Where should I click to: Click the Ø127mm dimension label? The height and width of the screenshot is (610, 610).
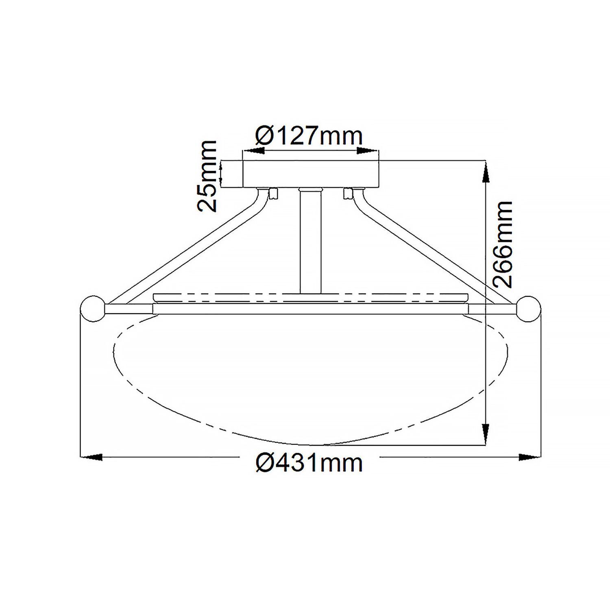[x=309, y=136]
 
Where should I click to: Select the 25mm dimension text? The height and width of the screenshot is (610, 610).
[x=207, y=176]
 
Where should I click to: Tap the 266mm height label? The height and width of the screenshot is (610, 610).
[x=501, y=244]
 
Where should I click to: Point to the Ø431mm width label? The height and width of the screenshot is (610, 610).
[x=309, y=464]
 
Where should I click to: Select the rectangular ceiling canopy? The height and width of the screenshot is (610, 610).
[x=311, y=174]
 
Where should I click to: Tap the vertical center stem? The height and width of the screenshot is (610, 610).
[x=310, y=244]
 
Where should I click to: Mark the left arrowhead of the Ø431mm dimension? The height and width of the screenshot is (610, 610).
[x=91, y=457]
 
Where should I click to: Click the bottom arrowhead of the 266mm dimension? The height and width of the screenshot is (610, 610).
[x=485, y=433]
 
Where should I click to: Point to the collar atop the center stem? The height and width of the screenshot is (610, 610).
[x=310, y=190]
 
